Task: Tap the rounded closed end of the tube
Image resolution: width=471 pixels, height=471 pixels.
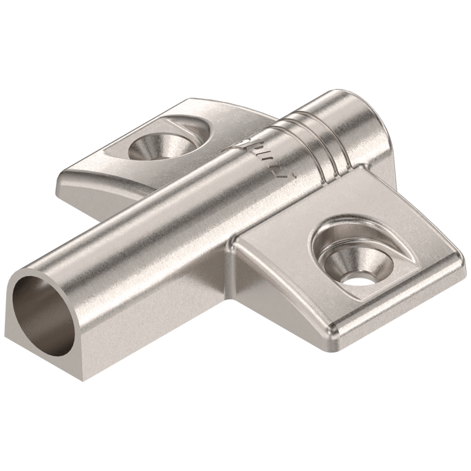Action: click(356, 117)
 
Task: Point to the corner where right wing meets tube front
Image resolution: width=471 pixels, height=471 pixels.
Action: click(236, 245)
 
